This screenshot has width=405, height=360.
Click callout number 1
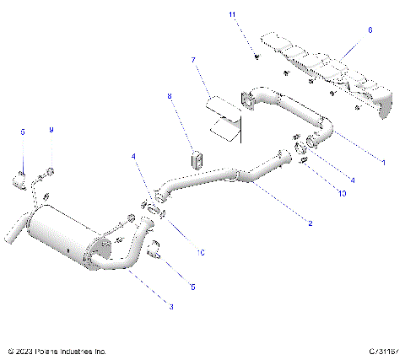coord(383,161)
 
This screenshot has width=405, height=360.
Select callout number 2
coord(310,223)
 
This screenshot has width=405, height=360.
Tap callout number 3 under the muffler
coord(171,307)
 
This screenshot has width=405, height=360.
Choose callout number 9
coord(51,130)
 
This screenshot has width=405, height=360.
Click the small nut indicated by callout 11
coord(254,56)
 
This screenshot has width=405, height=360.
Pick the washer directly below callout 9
coord(51,174)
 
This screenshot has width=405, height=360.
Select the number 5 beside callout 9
coord(23,132)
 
